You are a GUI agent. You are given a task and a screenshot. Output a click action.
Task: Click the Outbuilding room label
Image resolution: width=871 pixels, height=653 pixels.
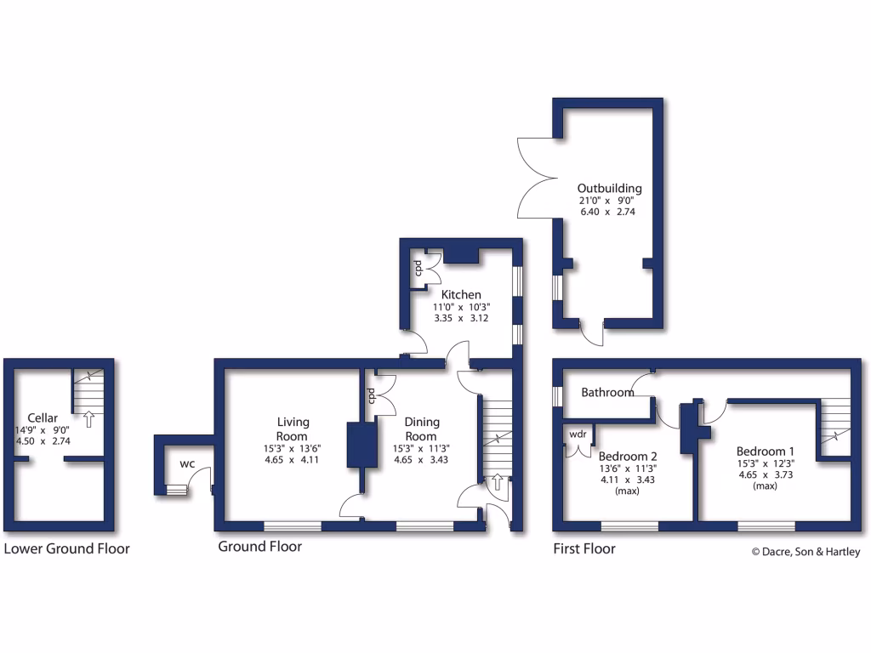tap(609, 189)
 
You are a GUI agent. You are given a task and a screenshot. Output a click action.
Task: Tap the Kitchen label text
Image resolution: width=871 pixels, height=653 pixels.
tap(460, 295)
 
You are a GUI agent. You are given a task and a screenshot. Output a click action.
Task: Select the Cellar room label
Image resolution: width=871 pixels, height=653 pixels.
tap(43, 417)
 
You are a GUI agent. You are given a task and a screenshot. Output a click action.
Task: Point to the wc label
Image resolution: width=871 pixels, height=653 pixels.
tap(187, 464)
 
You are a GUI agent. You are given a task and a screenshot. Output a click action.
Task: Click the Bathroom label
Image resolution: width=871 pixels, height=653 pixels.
tap(607, 393)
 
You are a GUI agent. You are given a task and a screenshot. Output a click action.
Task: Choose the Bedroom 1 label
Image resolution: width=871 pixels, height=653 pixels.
tap(766, 451)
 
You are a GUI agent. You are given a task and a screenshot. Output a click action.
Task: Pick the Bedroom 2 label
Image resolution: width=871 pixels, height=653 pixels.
tap(628, 456)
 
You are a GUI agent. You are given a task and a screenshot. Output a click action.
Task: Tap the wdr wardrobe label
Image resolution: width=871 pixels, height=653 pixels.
tap(578, 434)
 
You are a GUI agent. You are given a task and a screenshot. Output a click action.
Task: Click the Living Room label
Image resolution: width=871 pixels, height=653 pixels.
tap(293, 429)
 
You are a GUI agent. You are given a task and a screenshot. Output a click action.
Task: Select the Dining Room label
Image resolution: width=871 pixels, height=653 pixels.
tap(420, 429)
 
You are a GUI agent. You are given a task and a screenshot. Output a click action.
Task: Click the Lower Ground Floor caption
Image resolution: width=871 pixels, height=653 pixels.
tap(67, 549)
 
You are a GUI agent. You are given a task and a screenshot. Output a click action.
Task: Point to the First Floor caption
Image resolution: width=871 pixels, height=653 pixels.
tap(584, 549)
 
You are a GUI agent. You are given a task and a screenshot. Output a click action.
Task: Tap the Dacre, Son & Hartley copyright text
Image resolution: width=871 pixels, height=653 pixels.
tap(806, 553)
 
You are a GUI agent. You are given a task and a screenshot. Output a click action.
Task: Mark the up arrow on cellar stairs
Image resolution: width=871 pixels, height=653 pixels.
tap(88, 418)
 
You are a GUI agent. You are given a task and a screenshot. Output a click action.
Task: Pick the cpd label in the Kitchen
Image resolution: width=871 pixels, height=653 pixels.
tap(418, 269)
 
